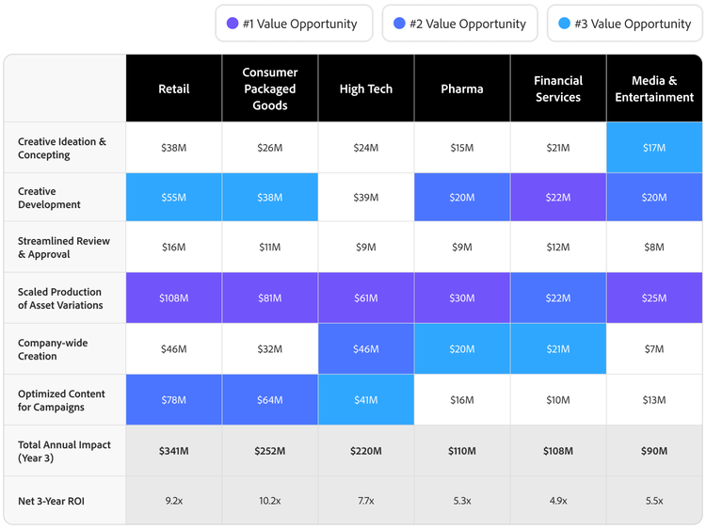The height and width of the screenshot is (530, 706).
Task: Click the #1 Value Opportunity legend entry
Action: pos(293,24)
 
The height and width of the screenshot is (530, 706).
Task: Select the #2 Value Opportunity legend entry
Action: pos(459,24)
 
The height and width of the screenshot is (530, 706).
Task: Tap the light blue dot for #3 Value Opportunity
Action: pos(565,24)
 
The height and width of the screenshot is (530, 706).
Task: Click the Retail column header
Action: pos(174,88)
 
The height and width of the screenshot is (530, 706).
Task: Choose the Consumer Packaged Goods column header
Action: pos(270,88)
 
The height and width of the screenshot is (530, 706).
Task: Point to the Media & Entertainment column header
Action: pos(654,88)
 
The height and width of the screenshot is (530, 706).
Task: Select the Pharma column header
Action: pos(462,88)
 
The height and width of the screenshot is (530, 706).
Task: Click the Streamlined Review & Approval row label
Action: pos(64,248)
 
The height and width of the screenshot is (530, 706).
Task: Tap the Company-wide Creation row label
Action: pos(53,349)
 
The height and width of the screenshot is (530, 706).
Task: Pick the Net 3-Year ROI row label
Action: pos(51,501)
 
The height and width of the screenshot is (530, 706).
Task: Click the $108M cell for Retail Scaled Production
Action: pos(174,298)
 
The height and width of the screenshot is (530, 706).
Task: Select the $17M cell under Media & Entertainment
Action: pos(654,148)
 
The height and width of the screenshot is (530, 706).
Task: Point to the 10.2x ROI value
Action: pos(270,501)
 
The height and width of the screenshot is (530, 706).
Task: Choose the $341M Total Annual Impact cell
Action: pos(174,451)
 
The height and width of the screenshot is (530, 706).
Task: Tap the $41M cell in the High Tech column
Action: pos(366,400)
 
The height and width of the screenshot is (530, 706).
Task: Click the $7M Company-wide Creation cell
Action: pos(654,349)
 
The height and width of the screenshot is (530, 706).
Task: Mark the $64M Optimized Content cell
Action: pos(270,400)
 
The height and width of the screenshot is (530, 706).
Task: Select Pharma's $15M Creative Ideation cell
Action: pos(462,148)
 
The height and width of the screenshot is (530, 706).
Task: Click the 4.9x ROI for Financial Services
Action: pos(558,501)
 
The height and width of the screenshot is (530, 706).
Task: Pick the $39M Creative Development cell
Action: pos(366,198)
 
